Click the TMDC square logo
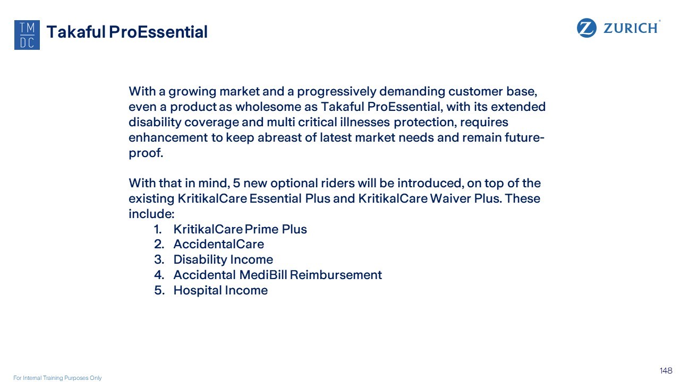[x=27, y=35]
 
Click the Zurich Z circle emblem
[x=586, y=28]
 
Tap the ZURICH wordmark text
[x=631, y=28]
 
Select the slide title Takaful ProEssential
[x=127, y=32]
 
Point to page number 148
[x=666, y=370]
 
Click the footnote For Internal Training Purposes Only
[x=57, y=378]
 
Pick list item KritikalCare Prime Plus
[x=240, y=229]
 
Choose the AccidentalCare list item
[x=218, y=244]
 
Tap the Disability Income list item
[x=223, y=260]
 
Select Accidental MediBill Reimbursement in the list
[x=277, y=275]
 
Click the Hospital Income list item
[x=220, y=290]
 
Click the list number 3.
[x=159, y=260]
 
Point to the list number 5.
[x=159, y=290]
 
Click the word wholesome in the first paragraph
[x=276, y=107]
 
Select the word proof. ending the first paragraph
[x=146, y=153]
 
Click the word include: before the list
[x=151, y=214]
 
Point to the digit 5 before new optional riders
[x=236, y=183]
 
